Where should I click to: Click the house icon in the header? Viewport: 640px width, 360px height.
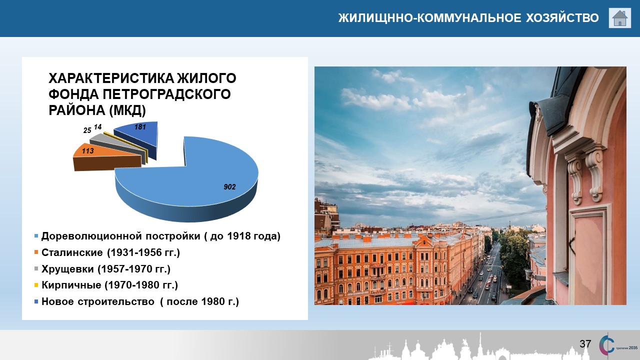click(x=619, y=18)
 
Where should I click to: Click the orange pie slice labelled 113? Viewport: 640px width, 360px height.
click(x=107, y=157)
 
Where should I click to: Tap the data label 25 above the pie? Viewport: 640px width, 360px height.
click(x=87, y=130)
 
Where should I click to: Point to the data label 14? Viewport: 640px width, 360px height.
click(x=97, y=127)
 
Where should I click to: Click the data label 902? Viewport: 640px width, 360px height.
click(x=229, y=187)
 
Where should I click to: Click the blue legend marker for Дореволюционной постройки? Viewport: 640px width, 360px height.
click(x=36, y=236)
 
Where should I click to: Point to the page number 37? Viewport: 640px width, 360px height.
click(x=585, y=343)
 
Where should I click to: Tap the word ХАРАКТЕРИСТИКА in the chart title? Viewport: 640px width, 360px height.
click(x=110, y=78)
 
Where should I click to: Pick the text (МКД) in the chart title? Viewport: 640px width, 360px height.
click(x=127, y=110)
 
